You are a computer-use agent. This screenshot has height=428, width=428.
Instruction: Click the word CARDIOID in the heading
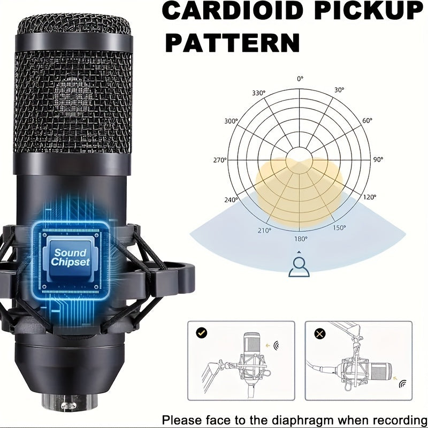click(234, 10)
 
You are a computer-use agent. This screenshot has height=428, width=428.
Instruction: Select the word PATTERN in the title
click(233, 43)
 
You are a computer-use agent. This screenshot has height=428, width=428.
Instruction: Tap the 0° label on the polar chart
click(300, 79)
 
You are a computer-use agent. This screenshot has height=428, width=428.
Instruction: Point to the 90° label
click(378, 159)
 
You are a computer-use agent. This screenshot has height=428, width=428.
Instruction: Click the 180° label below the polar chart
click(301, 239)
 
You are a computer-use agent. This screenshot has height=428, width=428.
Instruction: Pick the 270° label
click(220, 160)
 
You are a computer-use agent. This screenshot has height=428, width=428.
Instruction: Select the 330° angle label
click(258, 93)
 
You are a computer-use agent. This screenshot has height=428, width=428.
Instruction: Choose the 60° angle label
click(367, 120)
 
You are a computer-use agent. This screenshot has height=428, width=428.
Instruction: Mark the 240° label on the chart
click(231, 200)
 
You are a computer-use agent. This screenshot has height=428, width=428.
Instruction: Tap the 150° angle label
click(339, 227)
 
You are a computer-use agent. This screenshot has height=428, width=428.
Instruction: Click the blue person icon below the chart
click(299, 266)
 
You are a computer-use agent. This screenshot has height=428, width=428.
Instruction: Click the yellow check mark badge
click(202, 333)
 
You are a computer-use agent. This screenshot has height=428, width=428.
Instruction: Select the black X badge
click(320, 333)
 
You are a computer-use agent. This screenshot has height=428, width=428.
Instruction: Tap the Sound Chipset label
click(71, 257)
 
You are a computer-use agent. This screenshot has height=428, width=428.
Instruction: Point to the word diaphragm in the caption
click(303, 421)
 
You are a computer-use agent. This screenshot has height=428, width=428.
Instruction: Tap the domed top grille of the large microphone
click(74, 24)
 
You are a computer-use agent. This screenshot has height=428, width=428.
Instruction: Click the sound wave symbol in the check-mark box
click(276, 346)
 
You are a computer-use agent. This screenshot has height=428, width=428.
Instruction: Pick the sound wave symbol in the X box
click(402, 384)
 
